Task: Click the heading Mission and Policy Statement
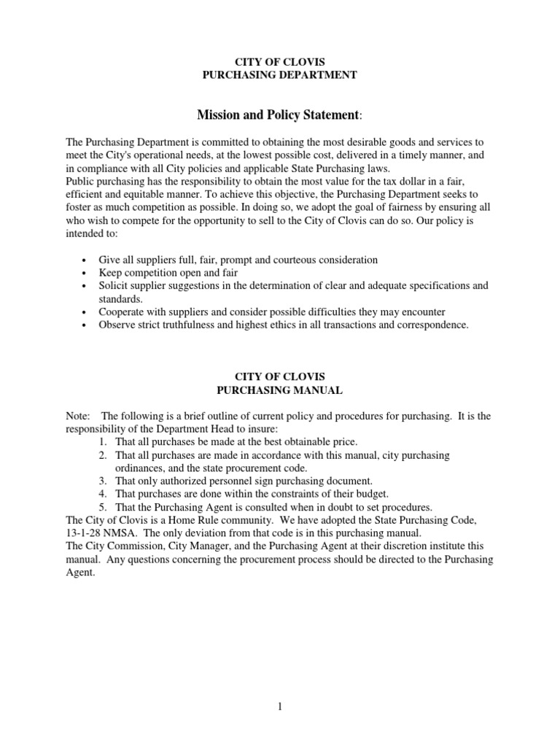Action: click(x=279, y=115)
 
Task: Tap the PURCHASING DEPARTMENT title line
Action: click(x=279, y=75)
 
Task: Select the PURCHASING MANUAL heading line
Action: click(x=279, y=390)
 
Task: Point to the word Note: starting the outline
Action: click(x=78, y=416)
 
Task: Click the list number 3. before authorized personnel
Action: click(x=104, y=481)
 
